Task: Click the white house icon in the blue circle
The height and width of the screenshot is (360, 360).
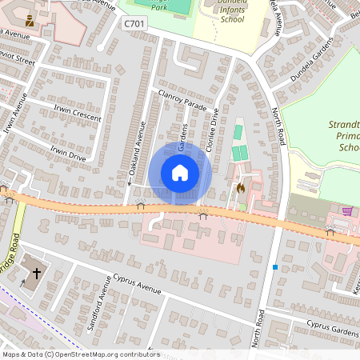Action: (x=180, y=172)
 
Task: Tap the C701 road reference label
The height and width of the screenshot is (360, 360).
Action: (x=134, y=25)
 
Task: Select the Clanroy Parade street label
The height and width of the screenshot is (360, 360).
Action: (x=182, y=99)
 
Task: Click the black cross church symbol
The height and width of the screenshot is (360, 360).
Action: (x=36, y=274)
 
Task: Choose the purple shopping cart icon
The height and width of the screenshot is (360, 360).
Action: (x=347, y=211)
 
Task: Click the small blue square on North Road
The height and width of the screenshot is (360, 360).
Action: (x=275, y=266)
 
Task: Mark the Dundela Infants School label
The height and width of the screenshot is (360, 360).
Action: (x=232, y=13)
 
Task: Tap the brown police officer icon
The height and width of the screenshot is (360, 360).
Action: (x=30, y=20)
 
